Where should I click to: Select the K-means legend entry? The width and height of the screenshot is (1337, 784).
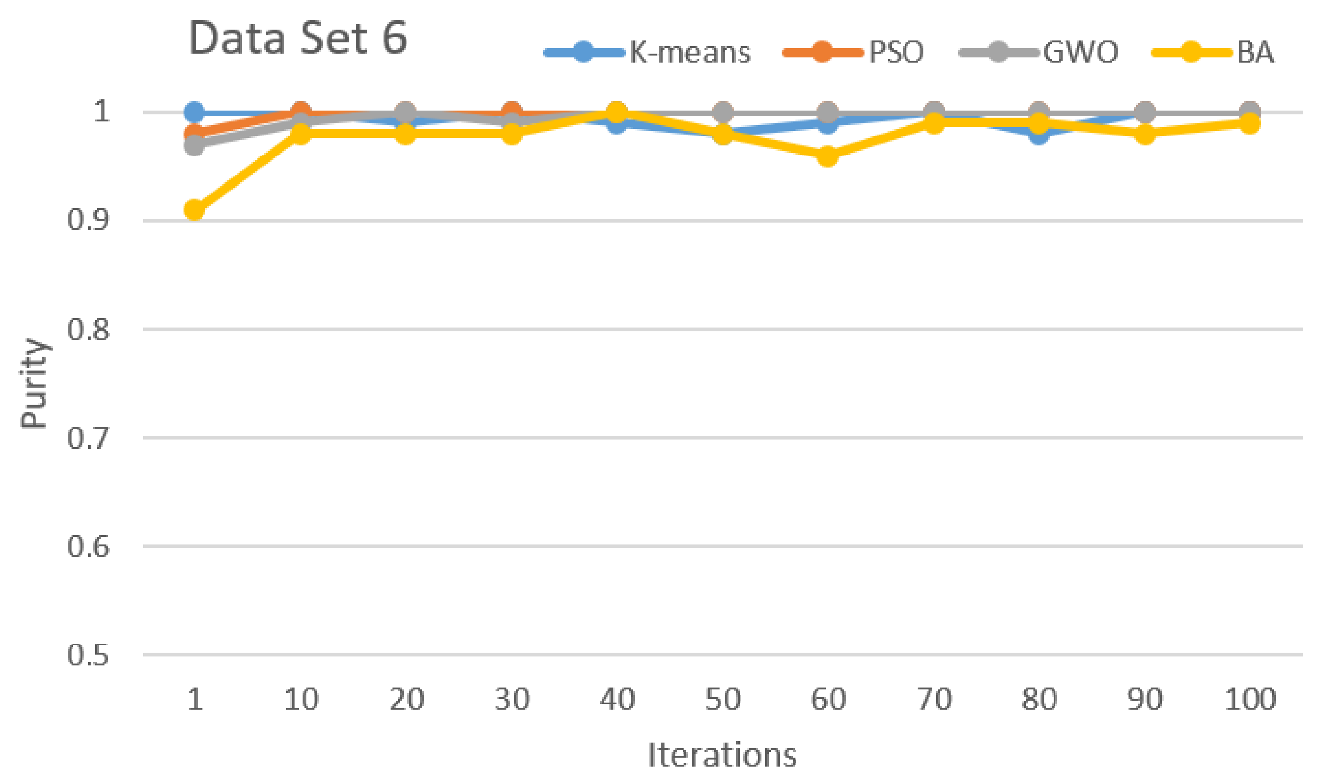[647, 52]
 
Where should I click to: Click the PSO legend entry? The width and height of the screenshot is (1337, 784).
[854, 52]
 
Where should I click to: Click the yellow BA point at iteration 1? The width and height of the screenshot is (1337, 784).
[195, 209]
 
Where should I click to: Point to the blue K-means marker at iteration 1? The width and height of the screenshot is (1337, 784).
[195, 112]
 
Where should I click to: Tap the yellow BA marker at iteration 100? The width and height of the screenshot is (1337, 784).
[1249, 124]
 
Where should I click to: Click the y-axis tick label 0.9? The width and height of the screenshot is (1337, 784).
[88, 220]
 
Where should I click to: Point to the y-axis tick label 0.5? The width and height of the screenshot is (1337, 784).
[88, 655]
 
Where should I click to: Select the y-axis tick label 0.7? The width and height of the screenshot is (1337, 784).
[88, 438]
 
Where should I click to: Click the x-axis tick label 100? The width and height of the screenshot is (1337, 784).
[1249, 699]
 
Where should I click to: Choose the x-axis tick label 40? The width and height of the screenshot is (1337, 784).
[617, 699]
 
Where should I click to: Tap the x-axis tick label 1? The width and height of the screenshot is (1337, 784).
[195, 699]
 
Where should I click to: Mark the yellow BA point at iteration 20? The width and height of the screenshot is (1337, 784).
[405, 134]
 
